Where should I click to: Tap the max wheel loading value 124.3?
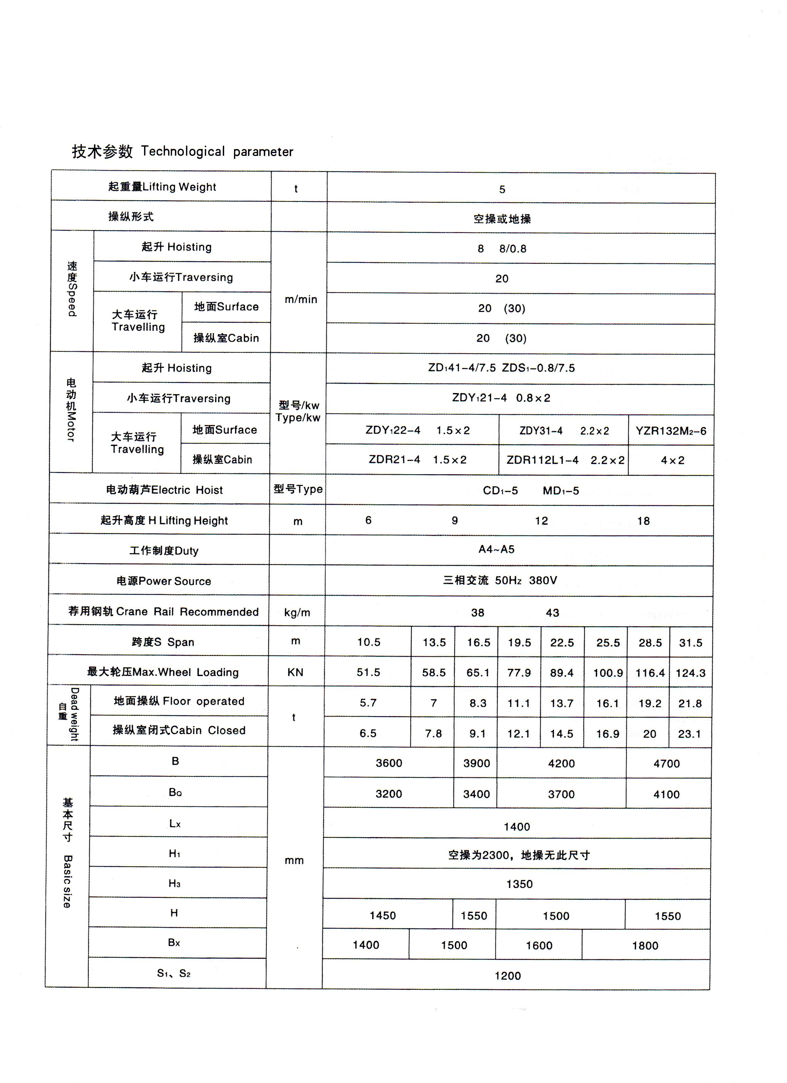(x=690, y=673)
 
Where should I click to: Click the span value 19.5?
(x=519, y=643)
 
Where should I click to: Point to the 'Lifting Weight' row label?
(x=162, y=187)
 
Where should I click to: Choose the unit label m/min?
(x=301, y=299)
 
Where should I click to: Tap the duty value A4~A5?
(x=497, y=550)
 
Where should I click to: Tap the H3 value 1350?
(x=519, y=884)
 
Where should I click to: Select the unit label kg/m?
(x=297, y=613)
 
